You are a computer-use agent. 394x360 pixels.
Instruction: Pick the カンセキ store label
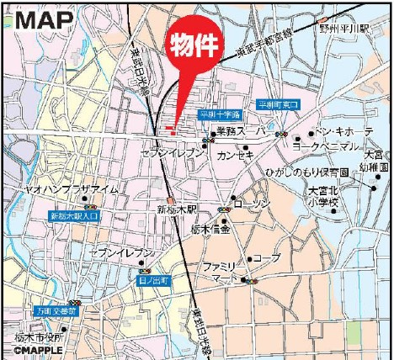click(x=234, y=155)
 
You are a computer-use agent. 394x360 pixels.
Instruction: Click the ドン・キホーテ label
click(x=343, y=132)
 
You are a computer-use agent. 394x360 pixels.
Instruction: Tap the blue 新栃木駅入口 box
click(x=74, y=216)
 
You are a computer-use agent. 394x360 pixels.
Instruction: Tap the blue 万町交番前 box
click(x=56, y=310)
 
